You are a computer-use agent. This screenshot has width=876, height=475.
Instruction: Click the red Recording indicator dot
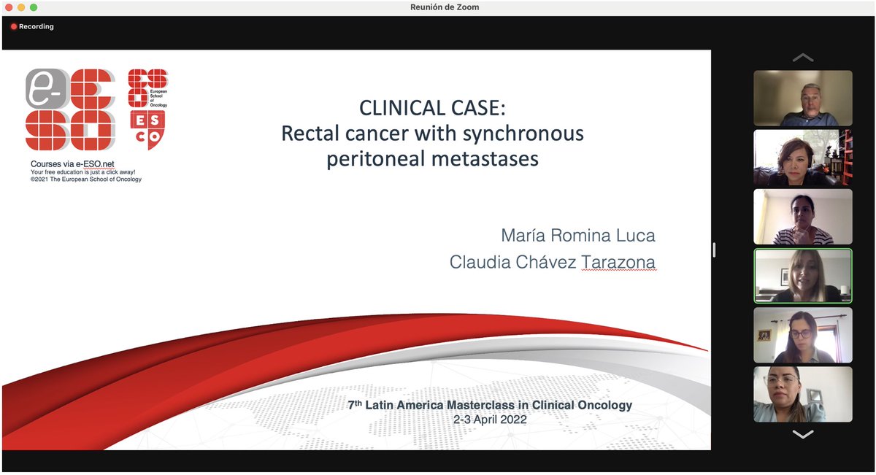point(14,27)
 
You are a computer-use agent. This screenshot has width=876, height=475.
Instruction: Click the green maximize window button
point(34,7)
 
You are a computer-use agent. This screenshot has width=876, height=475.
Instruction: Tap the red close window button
point(9,7)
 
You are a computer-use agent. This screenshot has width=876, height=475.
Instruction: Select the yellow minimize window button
point(21,7)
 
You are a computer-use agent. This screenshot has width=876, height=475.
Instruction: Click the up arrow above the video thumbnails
point(802,57)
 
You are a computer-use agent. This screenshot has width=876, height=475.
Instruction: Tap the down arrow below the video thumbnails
point(802,435)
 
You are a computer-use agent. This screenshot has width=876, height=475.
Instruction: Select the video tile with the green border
point(802,277)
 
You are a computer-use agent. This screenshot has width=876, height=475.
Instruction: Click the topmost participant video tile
point(802,99)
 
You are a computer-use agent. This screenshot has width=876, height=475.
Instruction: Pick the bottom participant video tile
point(802,394)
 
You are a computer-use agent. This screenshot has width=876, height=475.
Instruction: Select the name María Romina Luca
point(577,236)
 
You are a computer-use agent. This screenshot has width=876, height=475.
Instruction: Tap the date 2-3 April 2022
point(489,420)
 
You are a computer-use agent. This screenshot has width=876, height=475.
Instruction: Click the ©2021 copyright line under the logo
point(86,179)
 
